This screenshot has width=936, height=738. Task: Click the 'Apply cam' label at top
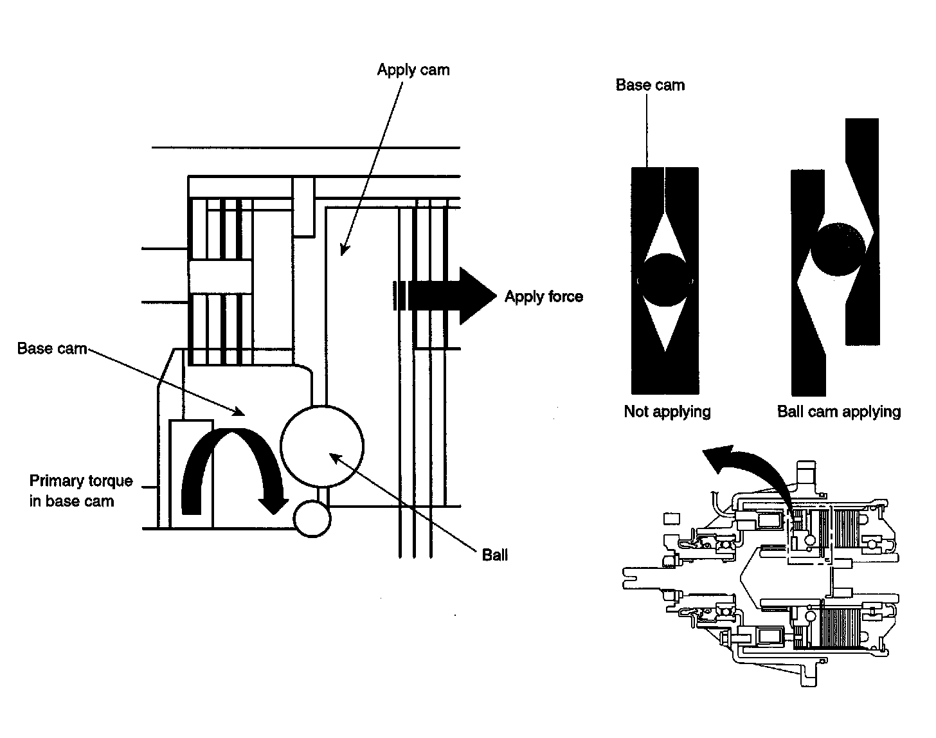(413, 70)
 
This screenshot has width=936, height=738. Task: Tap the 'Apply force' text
(544, 297)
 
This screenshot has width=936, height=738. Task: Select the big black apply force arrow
(450, 296)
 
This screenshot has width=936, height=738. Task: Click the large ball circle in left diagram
(322, 446)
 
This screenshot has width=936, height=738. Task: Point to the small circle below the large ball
(312, 517)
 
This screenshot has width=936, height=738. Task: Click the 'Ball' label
(494, 555)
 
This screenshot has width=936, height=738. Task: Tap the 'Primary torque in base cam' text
(80, 491)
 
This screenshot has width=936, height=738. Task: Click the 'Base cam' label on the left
(52, 349)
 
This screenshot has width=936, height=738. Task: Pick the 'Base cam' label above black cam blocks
(650, 85)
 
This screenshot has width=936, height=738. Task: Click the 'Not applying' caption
(667, 411)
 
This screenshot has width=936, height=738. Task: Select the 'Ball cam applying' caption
(839, 411)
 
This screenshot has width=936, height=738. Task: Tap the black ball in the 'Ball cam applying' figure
(838, 249)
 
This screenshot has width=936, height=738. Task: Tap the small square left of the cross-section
(670, 518)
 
